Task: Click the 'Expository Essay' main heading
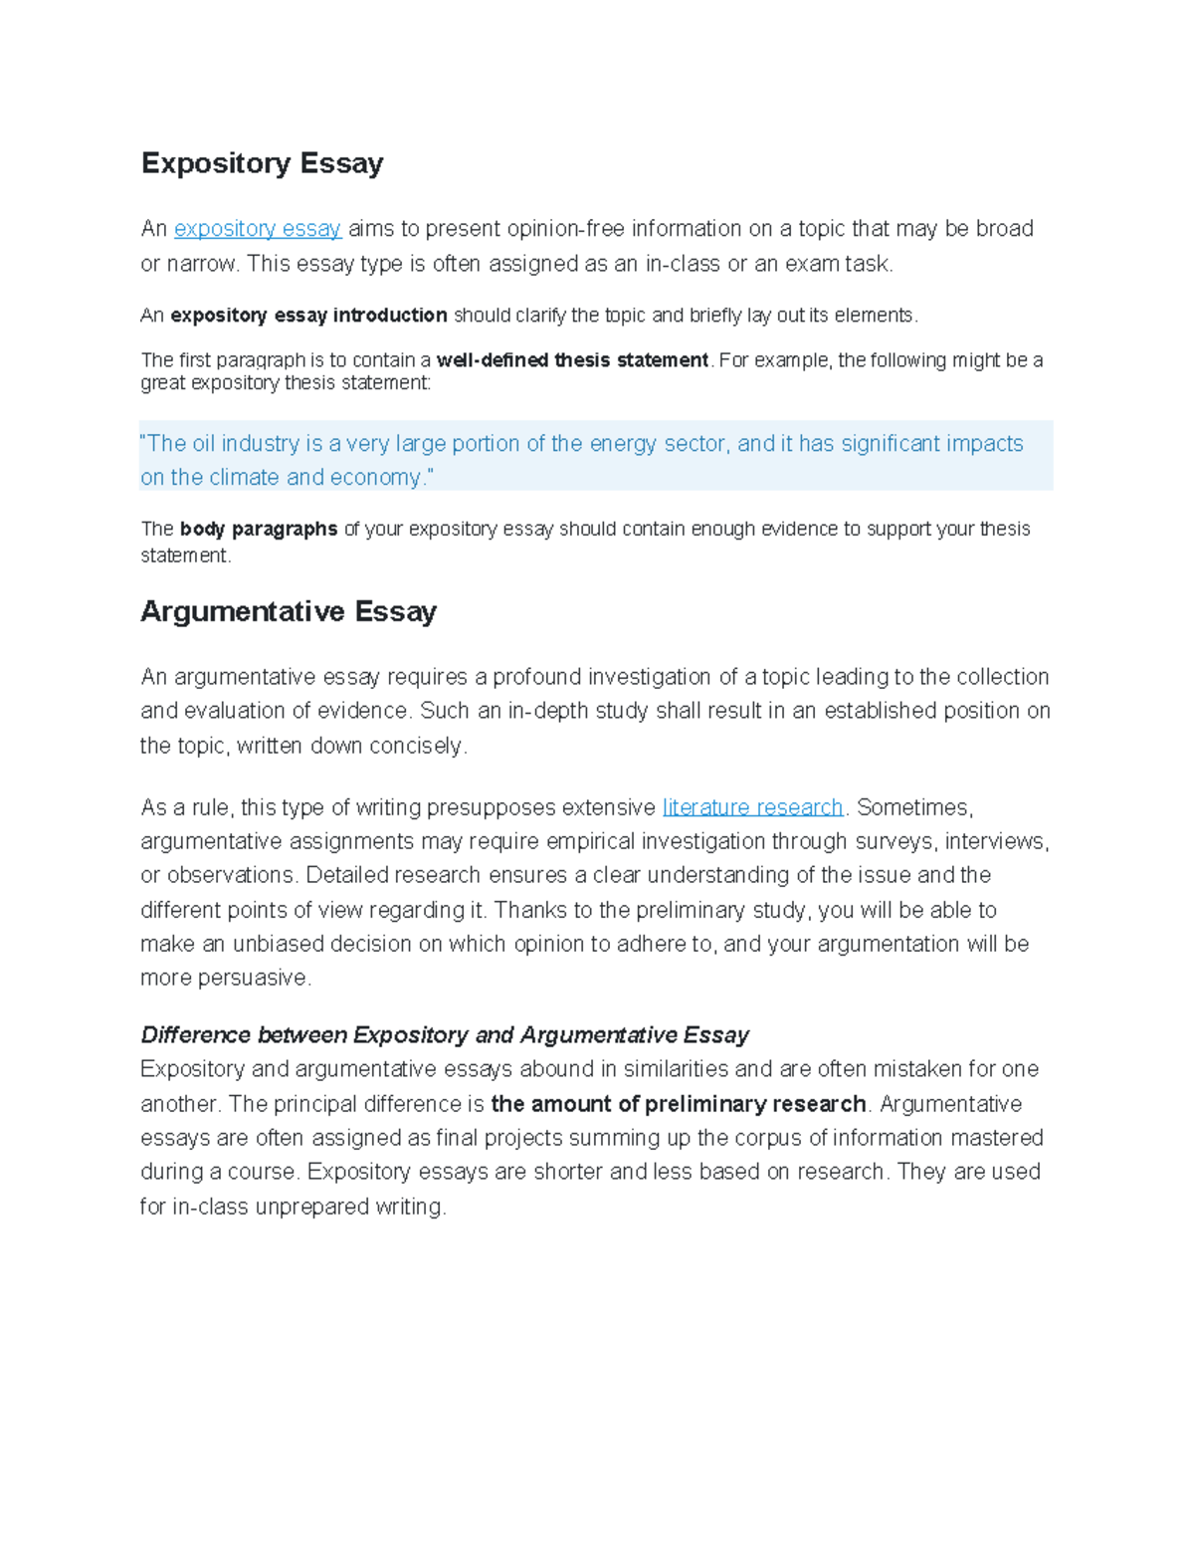coord(262,163)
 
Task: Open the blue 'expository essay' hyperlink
coord(258,229)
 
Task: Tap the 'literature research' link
coord(752,807)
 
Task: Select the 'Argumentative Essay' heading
coord(289,611)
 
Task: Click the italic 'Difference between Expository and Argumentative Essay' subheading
coord(445,1035)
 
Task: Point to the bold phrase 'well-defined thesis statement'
coord(572,360)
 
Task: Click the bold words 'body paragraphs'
coord(259,530)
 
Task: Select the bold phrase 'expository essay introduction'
coord(308,316)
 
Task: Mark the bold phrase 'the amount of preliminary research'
coord(679,1104)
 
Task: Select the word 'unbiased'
coord(278,944)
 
